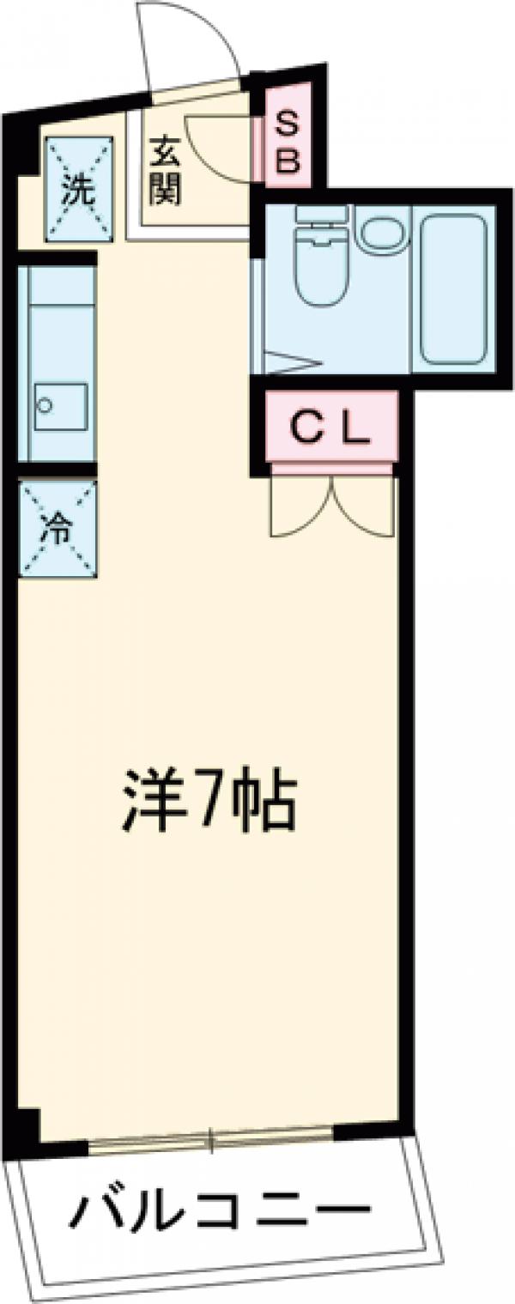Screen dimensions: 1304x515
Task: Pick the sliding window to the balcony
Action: coord(210,1142)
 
